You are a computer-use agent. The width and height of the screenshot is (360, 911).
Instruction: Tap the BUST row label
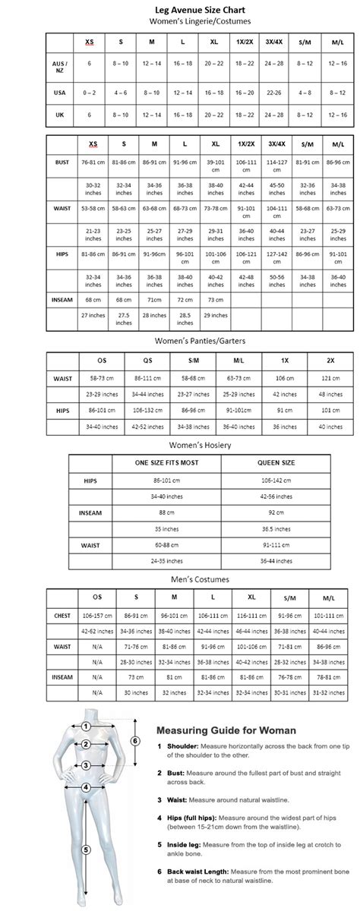point(62,162)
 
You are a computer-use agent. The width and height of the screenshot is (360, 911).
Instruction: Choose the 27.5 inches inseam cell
point(124,319)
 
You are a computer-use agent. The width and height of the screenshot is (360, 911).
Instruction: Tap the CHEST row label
point(62,616)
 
